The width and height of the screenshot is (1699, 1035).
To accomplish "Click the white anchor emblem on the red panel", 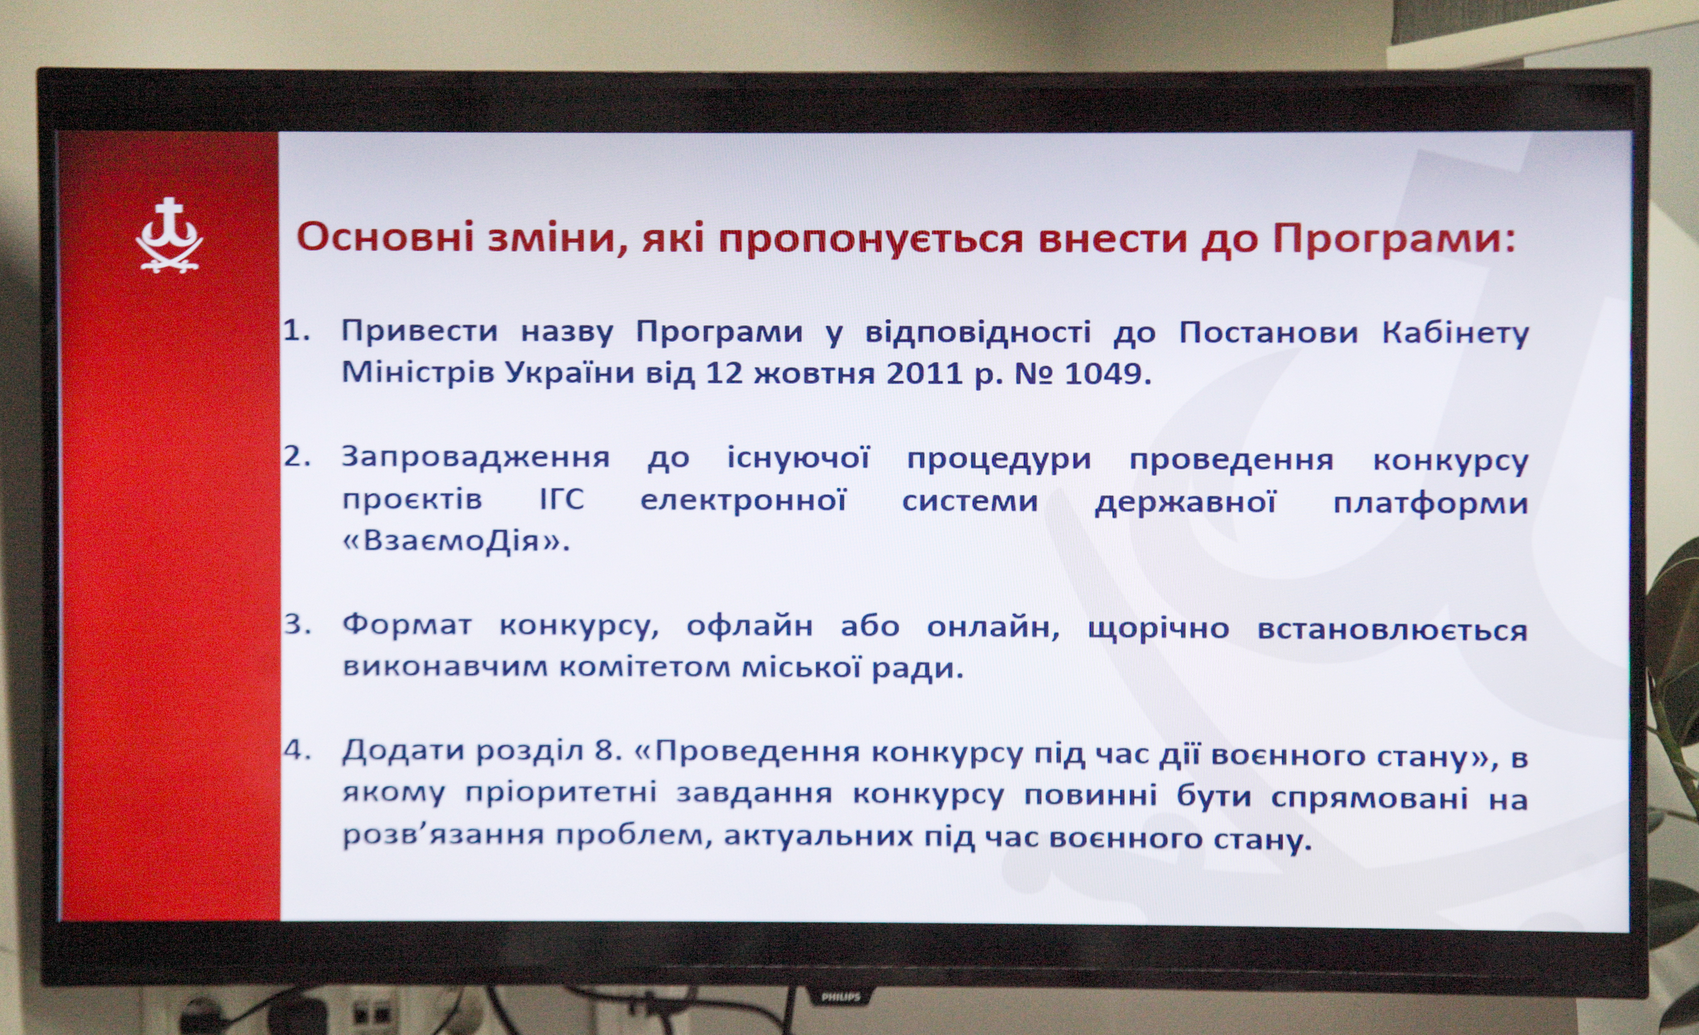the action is coord(169,235).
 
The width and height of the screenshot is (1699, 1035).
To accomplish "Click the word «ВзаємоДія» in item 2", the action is coord(456,541).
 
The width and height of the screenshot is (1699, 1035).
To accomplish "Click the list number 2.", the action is coord(297,458).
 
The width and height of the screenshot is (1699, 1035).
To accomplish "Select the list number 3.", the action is coord(297,625).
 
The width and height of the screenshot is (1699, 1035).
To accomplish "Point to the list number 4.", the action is coord(297,751).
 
